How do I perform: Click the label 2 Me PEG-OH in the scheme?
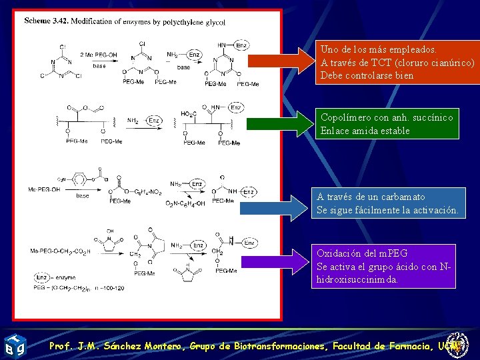tap(98, 55)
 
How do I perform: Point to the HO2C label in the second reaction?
tap(189, 114)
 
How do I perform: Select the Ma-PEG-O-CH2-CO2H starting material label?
tap(60, 251)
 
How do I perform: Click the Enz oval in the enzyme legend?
tap(41, 277)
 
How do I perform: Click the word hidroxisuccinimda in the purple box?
tap(357, 280)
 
